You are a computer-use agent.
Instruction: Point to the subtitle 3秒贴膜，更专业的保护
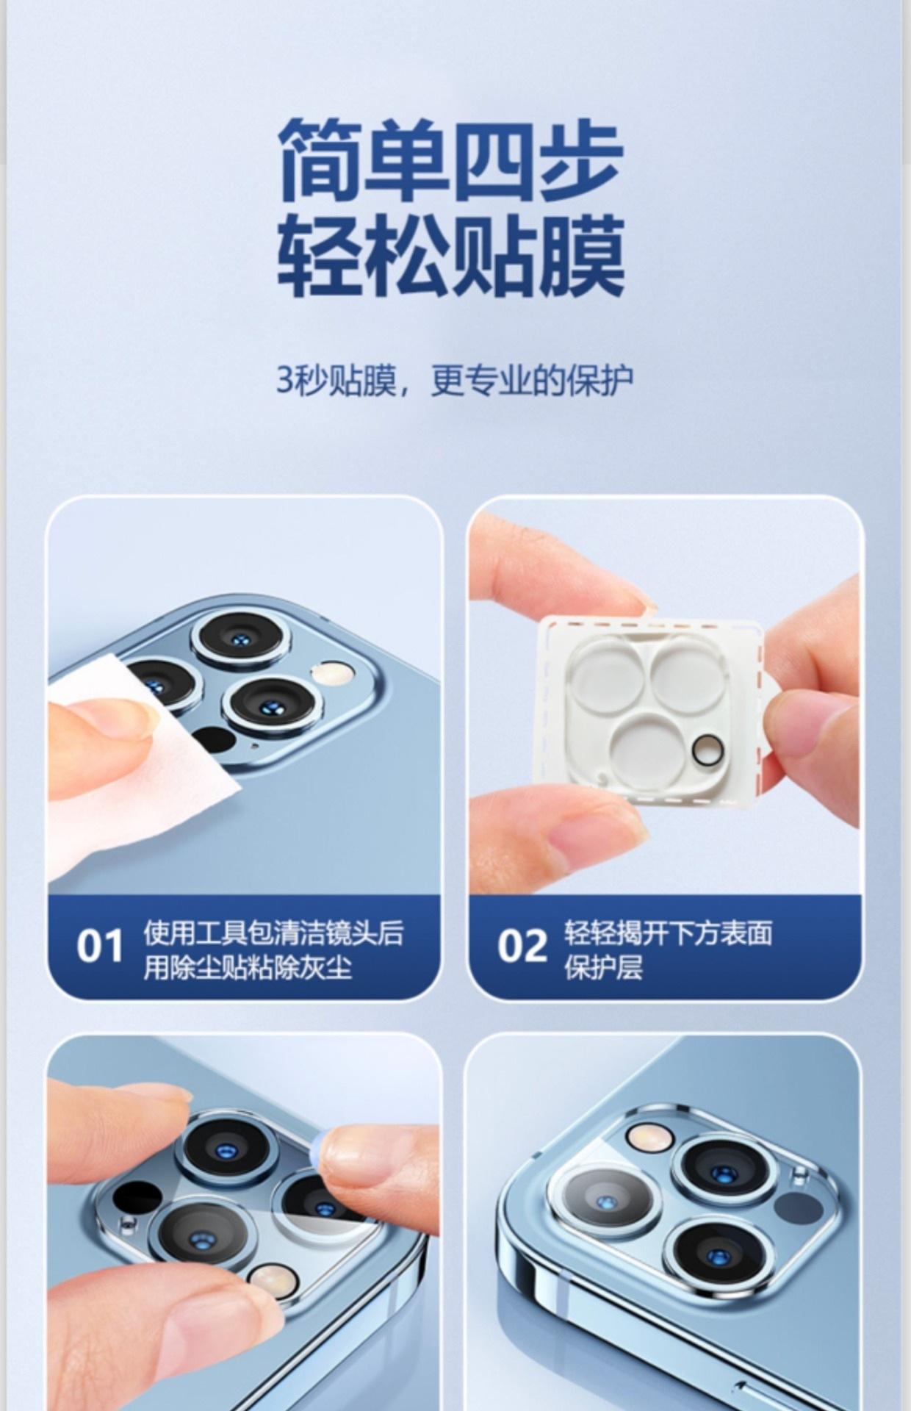coord(455,380)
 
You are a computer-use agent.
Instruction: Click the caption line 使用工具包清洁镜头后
coord(273,933)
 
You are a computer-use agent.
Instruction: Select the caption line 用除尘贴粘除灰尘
coord(248,967)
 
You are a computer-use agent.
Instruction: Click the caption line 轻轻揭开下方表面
coord(669,933)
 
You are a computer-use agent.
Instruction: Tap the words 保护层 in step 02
coord(603,967)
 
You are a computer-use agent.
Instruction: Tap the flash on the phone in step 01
coord(333,672)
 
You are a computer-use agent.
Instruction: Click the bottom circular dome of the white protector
coord(646,747)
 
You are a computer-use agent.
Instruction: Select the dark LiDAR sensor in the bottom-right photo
coord(800,1207)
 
